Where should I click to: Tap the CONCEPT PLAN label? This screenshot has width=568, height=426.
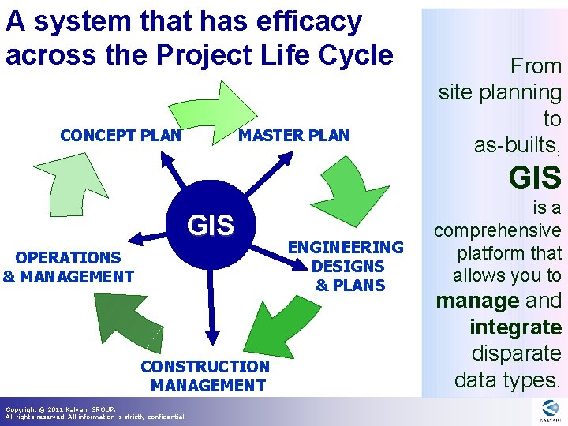tap(121, 135)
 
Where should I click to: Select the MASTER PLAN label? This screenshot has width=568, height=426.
tap(293, 135)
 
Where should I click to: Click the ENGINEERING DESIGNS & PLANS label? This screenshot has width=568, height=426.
tap(346, 266)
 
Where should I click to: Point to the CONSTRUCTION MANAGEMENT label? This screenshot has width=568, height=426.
tap(205, 376)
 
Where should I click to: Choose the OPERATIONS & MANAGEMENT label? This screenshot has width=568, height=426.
tap(68, 267)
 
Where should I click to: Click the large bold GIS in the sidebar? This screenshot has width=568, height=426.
tap(535, 177)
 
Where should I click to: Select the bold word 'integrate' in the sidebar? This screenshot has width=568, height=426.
tap(515, 327)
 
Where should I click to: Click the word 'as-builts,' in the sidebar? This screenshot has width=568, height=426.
tap(518, 145)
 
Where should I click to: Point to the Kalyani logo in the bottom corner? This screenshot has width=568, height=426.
tap(550, 410)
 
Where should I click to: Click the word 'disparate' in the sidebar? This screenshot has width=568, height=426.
tap(516, 353)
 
